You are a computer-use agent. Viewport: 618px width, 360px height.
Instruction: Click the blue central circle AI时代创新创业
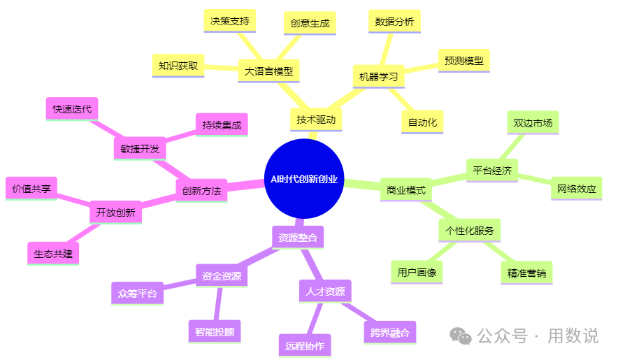(x=304, y=178)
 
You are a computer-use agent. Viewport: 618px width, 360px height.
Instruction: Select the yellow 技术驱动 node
(x=316, y=120)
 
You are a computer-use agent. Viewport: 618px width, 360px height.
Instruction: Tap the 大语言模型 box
(x=268, y=71)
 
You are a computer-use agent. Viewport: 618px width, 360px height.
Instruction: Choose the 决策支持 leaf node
(x=229, y=21)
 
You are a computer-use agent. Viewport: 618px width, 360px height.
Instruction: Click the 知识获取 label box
(x=178, y=66)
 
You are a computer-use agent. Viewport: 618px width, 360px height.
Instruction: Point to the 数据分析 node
(x=394, y=22)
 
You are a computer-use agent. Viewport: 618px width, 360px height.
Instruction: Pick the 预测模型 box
(x=463, y=61)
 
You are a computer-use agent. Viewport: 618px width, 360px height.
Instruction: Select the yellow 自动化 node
(x=422, y=122)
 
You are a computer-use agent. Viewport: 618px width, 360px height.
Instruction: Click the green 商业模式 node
(x=405, y=190)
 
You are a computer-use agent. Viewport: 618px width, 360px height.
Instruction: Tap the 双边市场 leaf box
(x=533, y=123)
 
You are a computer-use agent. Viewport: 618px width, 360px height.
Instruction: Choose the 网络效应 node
(x=577, y=189)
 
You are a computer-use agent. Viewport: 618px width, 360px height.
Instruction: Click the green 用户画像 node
(x=417, y=273)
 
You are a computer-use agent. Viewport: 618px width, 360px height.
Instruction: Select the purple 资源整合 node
(x=297, y=238)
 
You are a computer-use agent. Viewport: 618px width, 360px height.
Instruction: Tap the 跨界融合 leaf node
(x=389, y=332)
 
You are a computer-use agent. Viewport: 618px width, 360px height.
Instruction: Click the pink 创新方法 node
(x=201, y=190)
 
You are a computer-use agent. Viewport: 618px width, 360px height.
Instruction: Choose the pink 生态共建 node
(x=53, y=254)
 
